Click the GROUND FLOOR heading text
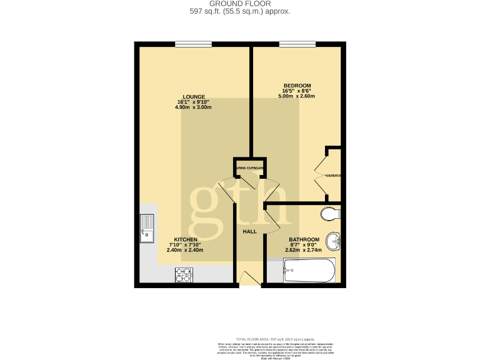[240, 4]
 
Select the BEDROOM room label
[297, 86]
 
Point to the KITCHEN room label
[186, 240]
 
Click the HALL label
[249, 232]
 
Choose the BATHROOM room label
[304, 240]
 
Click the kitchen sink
[147, 228]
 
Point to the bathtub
[309, 271]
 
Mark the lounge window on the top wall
[193, 44]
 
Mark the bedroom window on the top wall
[297, 44]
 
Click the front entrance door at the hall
[250, 279]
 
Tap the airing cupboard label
[249, 169]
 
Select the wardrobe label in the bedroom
[332, 176]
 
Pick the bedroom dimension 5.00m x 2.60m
[297, 96]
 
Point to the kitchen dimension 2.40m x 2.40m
[185, 250]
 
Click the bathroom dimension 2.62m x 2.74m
[304, 250]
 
